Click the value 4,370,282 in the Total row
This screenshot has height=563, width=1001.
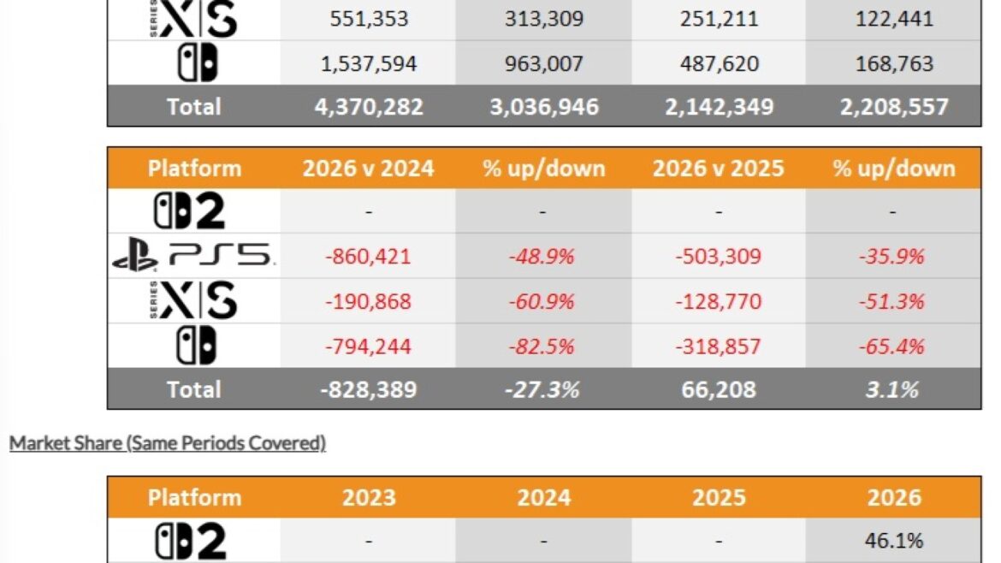[369, 107]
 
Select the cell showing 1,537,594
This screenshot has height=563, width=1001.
[369, 64]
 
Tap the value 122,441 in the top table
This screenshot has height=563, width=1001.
[894, 19]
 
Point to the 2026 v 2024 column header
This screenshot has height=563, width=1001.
[369, 169]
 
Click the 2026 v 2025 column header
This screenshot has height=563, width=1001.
[718, 169]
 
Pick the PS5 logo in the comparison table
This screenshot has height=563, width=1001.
[193, 256]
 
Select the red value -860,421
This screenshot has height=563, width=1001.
[369, 257]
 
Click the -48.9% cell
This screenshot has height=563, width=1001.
[542, 257]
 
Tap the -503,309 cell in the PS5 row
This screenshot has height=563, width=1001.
[718, 257]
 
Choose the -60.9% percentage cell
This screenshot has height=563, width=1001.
[542, 301]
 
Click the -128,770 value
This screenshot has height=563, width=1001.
[718, 301]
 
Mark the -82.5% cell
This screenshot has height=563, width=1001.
[542, 347]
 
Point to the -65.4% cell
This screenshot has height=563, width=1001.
[891, 347]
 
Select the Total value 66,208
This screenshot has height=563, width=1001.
[718, 389]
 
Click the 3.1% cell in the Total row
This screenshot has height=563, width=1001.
[891, 389]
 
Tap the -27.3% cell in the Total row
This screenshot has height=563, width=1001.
[542, 389]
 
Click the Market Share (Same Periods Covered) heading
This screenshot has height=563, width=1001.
[167, 443]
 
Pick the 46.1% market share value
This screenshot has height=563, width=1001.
[894, 541]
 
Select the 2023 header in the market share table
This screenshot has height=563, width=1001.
[369, 498]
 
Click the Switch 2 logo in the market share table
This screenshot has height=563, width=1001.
[191, 542]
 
